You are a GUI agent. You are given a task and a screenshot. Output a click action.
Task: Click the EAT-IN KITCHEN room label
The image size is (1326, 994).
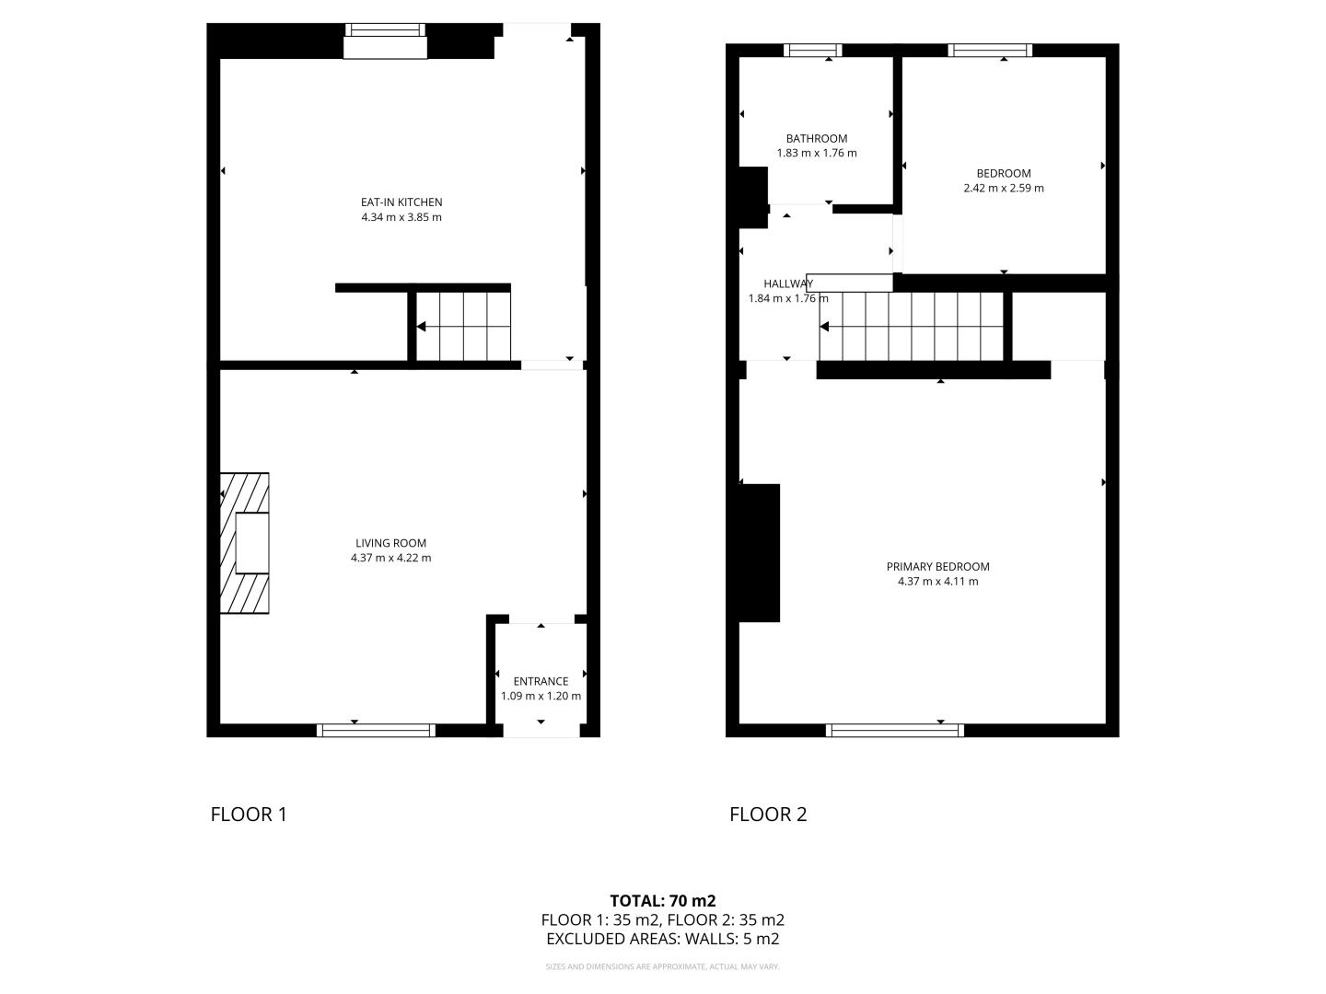tap(401, 202)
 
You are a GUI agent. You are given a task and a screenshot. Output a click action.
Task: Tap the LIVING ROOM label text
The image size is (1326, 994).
tap(390, 543)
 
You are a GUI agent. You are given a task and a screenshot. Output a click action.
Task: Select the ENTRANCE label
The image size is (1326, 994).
tap(541, 681)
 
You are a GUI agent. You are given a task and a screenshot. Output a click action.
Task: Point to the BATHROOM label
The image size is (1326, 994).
tap(816, 139)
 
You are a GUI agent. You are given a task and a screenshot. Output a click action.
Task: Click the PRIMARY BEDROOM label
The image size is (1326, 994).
tap(937, 567)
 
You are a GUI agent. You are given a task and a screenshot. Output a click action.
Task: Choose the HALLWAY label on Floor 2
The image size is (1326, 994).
tap(787, 283)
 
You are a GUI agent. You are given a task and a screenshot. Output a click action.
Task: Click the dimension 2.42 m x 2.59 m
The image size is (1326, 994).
tap(1004, 189)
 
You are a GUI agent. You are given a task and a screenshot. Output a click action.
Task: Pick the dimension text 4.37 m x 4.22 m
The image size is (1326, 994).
tap(390, 559)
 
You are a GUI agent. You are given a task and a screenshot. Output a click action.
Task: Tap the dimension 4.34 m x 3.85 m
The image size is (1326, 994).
tap(401, 217)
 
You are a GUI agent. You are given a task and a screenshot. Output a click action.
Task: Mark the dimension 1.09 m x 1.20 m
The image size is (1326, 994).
tap(541, 697)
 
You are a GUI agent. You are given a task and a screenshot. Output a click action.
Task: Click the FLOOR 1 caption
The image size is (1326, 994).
tap(249, 815)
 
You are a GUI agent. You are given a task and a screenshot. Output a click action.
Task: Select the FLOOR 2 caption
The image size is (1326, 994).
tap(768, 815)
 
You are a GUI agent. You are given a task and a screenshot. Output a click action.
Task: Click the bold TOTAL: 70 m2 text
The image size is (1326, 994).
tap(663, 901)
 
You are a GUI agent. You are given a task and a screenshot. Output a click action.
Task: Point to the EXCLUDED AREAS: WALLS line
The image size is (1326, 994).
tap(663, 939)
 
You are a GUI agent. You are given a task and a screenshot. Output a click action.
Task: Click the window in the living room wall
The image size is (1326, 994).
tap(376, 730)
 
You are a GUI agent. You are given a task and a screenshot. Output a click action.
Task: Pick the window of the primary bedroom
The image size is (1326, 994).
tap(895, 730)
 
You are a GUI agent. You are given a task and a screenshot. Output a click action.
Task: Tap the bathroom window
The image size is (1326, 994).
tap(812, 50)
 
